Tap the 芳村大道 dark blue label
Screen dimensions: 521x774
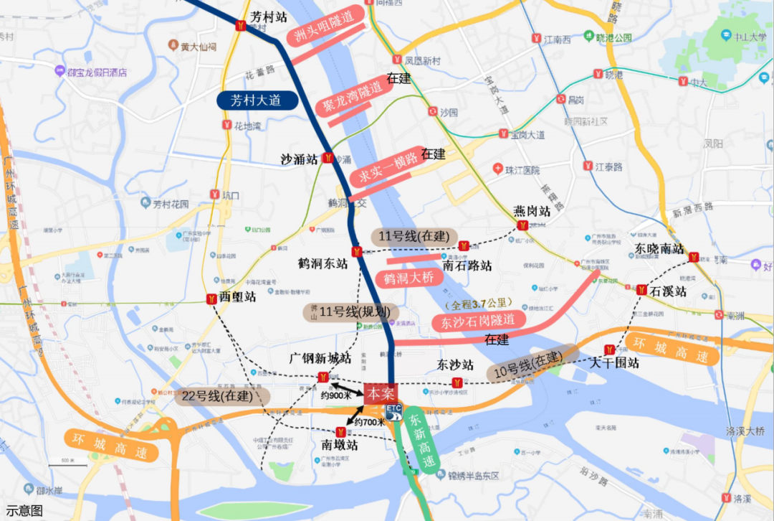pyautogui.click(x=257, y=100)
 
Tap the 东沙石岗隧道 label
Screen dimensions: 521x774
pyautogui.click(x=478, y=321)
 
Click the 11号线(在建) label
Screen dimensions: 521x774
pyautogui.click(x=415, y=235)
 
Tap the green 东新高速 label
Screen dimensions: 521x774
pyautogui.click(x=420, y=439)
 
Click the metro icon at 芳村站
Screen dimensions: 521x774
pyautogui.click(x=242, y=26)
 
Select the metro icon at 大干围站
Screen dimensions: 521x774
pyautogui.click(x=609, y=350)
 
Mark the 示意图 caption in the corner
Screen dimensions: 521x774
pyautogui.click(x=24, y=511)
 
